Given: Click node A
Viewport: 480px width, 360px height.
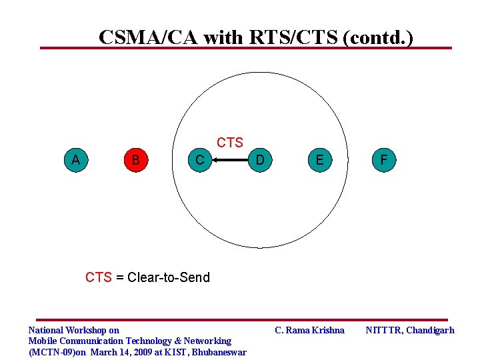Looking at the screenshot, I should (x=76, y=160).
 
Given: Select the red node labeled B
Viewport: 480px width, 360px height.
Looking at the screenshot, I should (x=136, y=160).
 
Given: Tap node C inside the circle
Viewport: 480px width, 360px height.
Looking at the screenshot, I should (x=199, y=160).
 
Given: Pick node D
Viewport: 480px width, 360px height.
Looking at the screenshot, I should (x=260, y=160).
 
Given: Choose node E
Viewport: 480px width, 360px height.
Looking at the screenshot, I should (x=320, y=160).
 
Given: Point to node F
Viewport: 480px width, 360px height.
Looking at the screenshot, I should (x=383, y=160).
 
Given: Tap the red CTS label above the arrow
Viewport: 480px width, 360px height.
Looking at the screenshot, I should (x=230, y=143).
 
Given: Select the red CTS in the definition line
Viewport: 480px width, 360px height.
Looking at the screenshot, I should (x=99, y=277).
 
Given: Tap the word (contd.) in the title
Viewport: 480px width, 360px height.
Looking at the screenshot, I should (x=377, y=37).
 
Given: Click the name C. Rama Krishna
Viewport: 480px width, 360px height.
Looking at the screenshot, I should (x=310, y=330).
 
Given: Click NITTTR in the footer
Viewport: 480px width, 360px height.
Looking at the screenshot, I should (x=383, y=330).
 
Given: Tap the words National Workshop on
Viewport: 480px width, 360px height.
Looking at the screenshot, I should (x=73, y=330).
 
